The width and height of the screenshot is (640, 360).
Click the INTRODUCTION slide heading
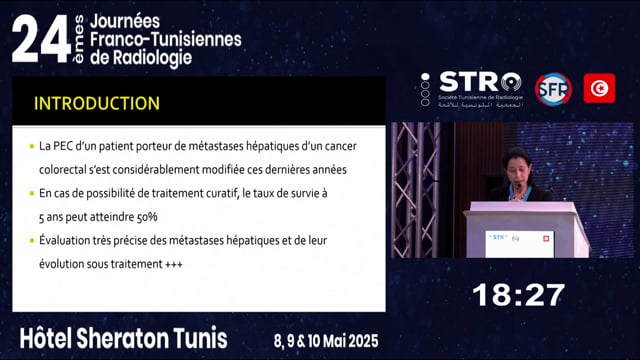tap(97, 103)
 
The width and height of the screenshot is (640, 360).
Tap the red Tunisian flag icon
tap(599, 89)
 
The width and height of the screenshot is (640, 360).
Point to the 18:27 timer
tap(518, 295)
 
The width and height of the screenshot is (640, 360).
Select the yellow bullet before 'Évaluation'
tap(31, 241)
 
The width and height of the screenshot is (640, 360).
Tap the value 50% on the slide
tap(143, 217)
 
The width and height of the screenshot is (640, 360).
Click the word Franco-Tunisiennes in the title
tap(166, 38)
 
